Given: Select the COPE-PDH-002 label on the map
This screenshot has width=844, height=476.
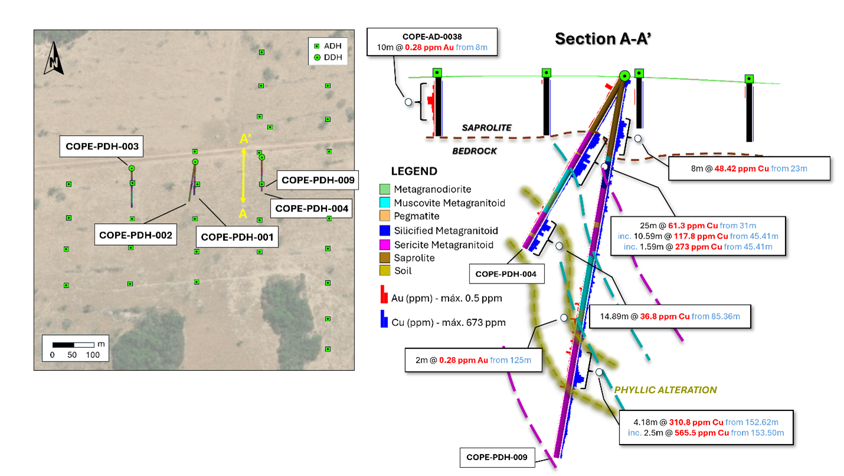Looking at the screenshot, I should (136, 234).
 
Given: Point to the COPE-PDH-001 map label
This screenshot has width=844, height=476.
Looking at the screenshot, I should (238, 237).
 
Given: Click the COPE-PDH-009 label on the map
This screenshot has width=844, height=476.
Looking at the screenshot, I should (319, 180).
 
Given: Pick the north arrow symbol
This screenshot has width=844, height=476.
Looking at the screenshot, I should (54, 59).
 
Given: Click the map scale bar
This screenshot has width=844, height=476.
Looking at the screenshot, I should (73, 344).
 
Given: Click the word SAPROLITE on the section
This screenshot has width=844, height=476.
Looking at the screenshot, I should (486, 128).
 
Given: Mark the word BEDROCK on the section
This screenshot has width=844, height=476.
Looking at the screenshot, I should (475, 151).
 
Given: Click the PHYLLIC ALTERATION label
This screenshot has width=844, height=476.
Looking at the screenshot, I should (665, 390).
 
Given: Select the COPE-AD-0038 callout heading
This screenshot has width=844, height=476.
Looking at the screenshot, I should (432, 35).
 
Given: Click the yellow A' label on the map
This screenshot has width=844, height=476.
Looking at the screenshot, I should (245, 139).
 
